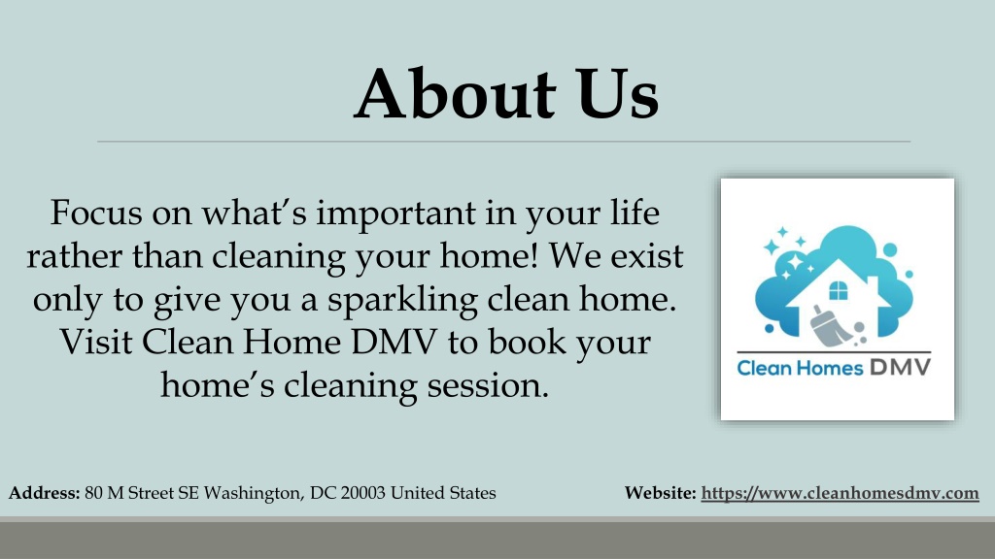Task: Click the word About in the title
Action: (x=455, y=94)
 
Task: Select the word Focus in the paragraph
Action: (x=96, y=213)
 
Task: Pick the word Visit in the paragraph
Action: (x=96, y=342)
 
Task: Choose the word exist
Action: (x=647, y=256)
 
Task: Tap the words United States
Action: (x=443, y=492)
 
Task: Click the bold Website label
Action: (x=661, y=492)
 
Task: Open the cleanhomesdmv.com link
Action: (x=841, y=493)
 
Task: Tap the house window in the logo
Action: (x=839, y=291)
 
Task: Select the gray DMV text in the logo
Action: (x=901, y=367)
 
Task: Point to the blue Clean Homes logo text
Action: (x=801, y=368)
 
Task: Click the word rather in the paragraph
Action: (x=74, y=256)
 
